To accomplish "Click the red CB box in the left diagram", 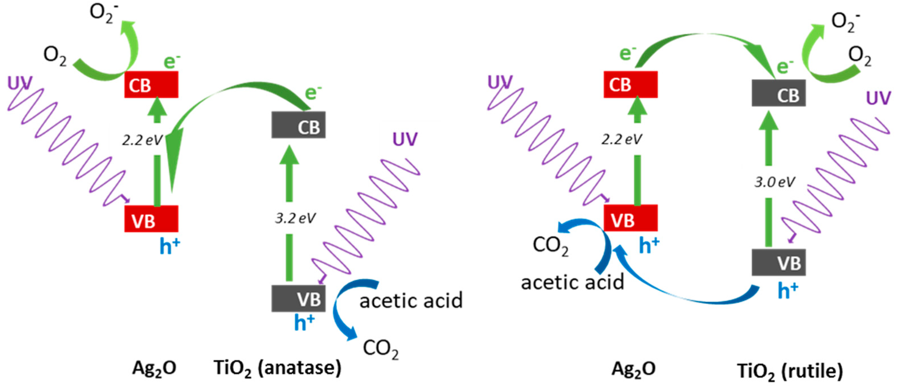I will [151, 85].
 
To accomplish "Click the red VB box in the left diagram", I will [151, 219].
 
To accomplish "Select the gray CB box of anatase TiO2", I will [299, 125].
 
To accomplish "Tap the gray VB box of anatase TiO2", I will [299, 298].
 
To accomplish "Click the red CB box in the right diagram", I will [630, 85].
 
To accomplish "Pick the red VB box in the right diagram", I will [630, 218].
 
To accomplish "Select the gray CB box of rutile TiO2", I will [779, 93].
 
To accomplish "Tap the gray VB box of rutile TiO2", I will [779, 262].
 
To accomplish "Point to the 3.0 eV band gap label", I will [775, 182].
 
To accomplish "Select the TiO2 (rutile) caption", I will [790, 371].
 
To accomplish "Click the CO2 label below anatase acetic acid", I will [381, 348].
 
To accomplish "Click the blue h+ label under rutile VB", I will [788, 291].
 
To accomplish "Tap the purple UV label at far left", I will [20, 83].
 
